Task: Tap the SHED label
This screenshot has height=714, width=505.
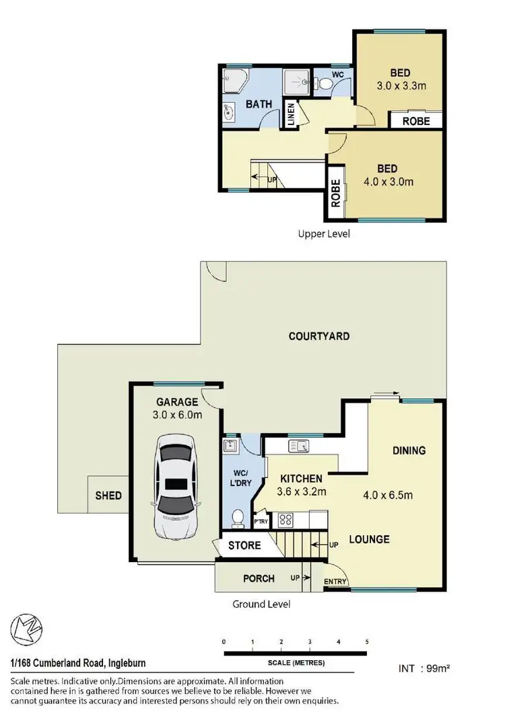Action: pyautogui.click(x=108, y=495)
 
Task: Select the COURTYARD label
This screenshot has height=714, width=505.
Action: pyautogui.click(x=318, y=336)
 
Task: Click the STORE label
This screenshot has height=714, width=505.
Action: pyautogui.click(x=244, y=545)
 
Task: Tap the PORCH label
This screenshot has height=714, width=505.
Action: pyautogui.click(x=259, y=578)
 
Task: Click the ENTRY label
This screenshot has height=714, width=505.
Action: pyautogui.click(x=335, y=582)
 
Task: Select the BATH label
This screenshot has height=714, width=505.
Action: pyautogui.click(x=258, y=104)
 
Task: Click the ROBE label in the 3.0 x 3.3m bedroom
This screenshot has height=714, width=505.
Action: pyautogui.click(x=417, y=121)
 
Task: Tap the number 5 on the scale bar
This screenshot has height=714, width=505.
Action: pyautogui.click(x=367, y=641)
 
